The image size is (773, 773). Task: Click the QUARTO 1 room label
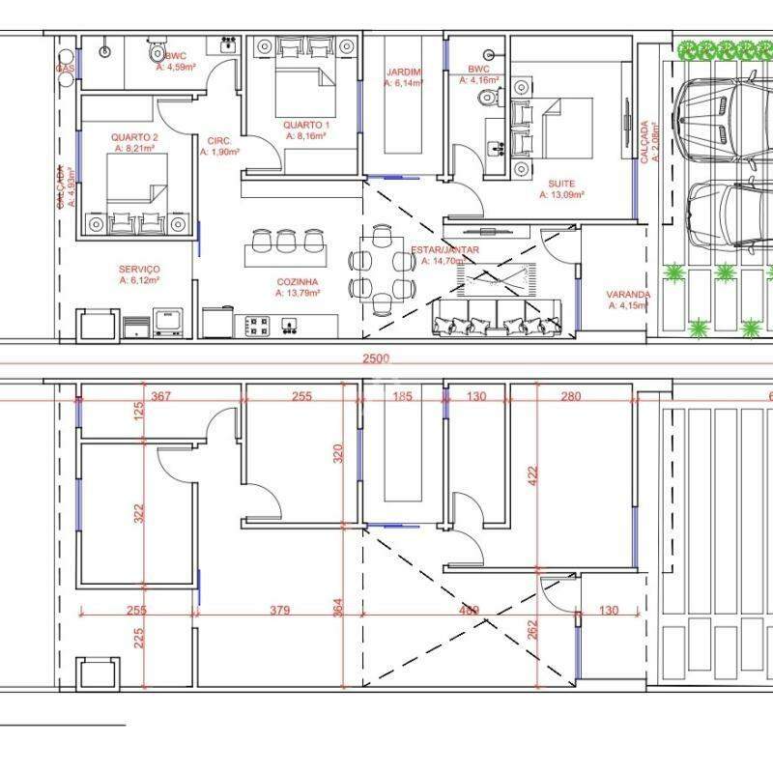(x=305, y=125)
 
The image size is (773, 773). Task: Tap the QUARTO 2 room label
(x=134, y=137)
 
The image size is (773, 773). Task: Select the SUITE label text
(x=560, y=183)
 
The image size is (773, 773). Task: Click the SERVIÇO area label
(x=139, y=269)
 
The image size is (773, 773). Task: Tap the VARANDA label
(x=627, y=294)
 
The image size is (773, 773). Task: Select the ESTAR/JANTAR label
(x=444, y=249)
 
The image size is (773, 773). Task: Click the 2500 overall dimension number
(x=376, y=358)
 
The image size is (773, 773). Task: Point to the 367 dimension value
(x=160, y=396)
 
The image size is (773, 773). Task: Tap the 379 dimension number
(x=279, y=611)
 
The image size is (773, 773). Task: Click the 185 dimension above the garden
(x=403, y=396)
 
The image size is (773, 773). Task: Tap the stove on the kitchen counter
(x=257, y=326)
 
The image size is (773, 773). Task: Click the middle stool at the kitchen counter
(x=287, y=238)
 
